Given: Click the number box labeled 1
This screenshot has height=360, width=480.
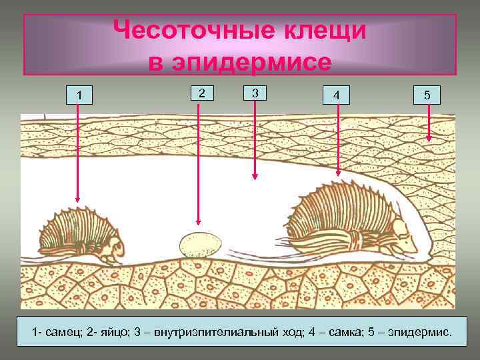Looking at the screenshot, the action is [79, 96].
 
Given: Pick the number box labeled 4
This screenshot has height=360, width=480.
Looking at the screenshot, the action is [337, 96].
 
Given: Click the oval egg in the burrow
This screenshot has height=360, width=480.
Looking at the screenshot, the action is [199, 244].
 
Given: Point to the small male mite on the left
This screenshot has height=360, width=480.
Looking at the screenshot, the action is [79, 233].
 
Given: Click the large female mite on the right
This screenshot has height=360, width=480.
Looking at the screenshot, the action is [347, 217].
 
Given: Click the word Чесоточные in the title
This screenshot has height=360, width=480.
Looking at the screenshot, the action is [180, 30].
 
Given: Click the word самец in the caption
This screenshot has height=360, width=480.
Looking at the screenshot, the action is [67, 331].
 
